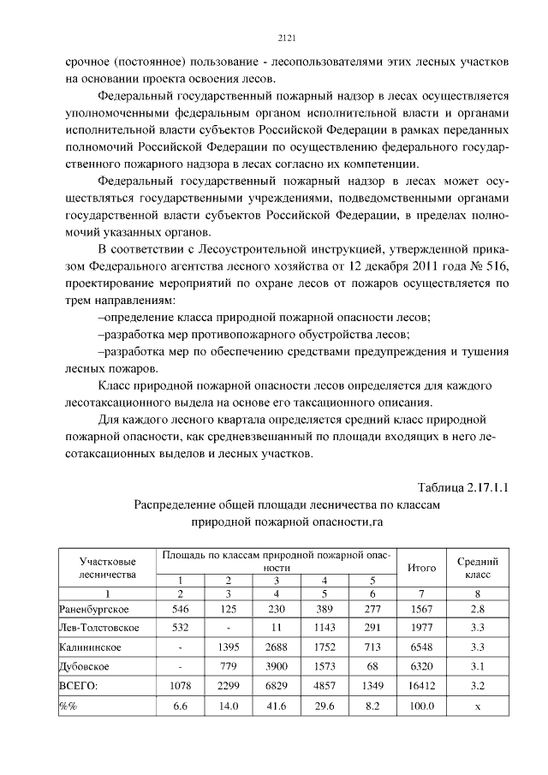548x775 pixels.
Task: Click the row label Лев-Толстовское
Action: tap(99, 627)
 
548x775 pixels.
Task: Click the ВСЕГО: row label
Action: tap(79, 685)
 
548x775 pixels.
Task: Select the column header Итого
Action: tap(421, 567)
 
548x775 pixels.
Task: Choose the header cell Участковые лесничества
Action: tap(107, 567)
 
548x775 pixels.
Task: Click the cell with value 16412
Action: tap(421, 685)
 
